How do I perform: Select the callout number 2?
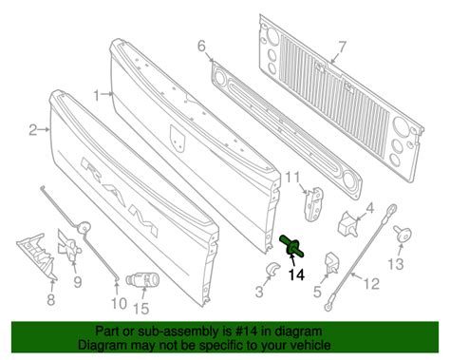31,129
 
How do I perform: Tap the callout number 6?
201,46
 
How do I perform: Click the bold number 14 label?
296,275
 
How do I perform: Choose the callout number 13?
398,263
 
